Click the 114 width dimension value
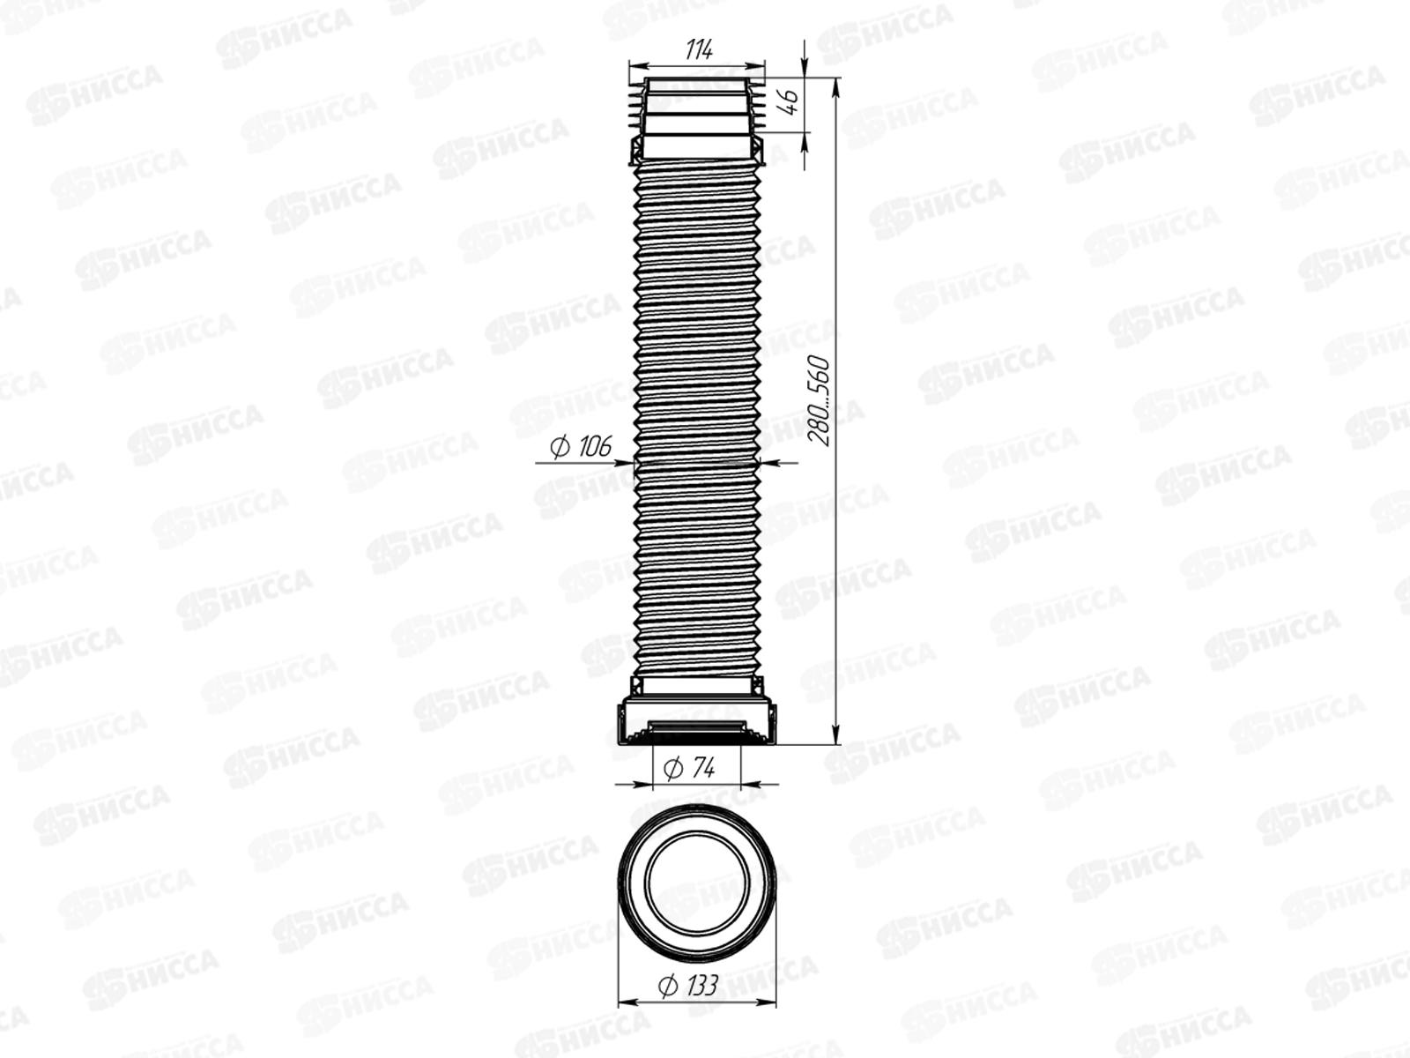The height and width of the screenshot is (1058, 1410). pos(700,48)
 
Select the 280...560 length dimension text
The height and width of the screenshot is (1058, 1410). pos(819,401)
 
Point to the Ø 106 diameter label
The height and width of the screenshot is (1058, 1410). pos(581,446)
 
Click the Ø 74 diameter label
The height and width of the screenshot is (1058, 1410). pos(689,768)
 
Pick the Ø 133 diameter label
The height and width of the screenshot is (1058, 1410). pos(688,985)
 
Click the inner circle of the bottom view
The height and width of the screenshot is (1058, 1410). pos(697,834)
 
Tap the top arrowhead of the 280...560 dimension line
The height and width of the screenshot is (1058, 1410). pos(835,86)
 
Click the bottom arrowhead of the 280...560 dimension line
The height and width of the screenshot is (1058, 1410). pos(835,736)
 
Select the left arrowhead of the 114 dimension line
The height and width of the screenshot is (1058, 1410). pos(638,65)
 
